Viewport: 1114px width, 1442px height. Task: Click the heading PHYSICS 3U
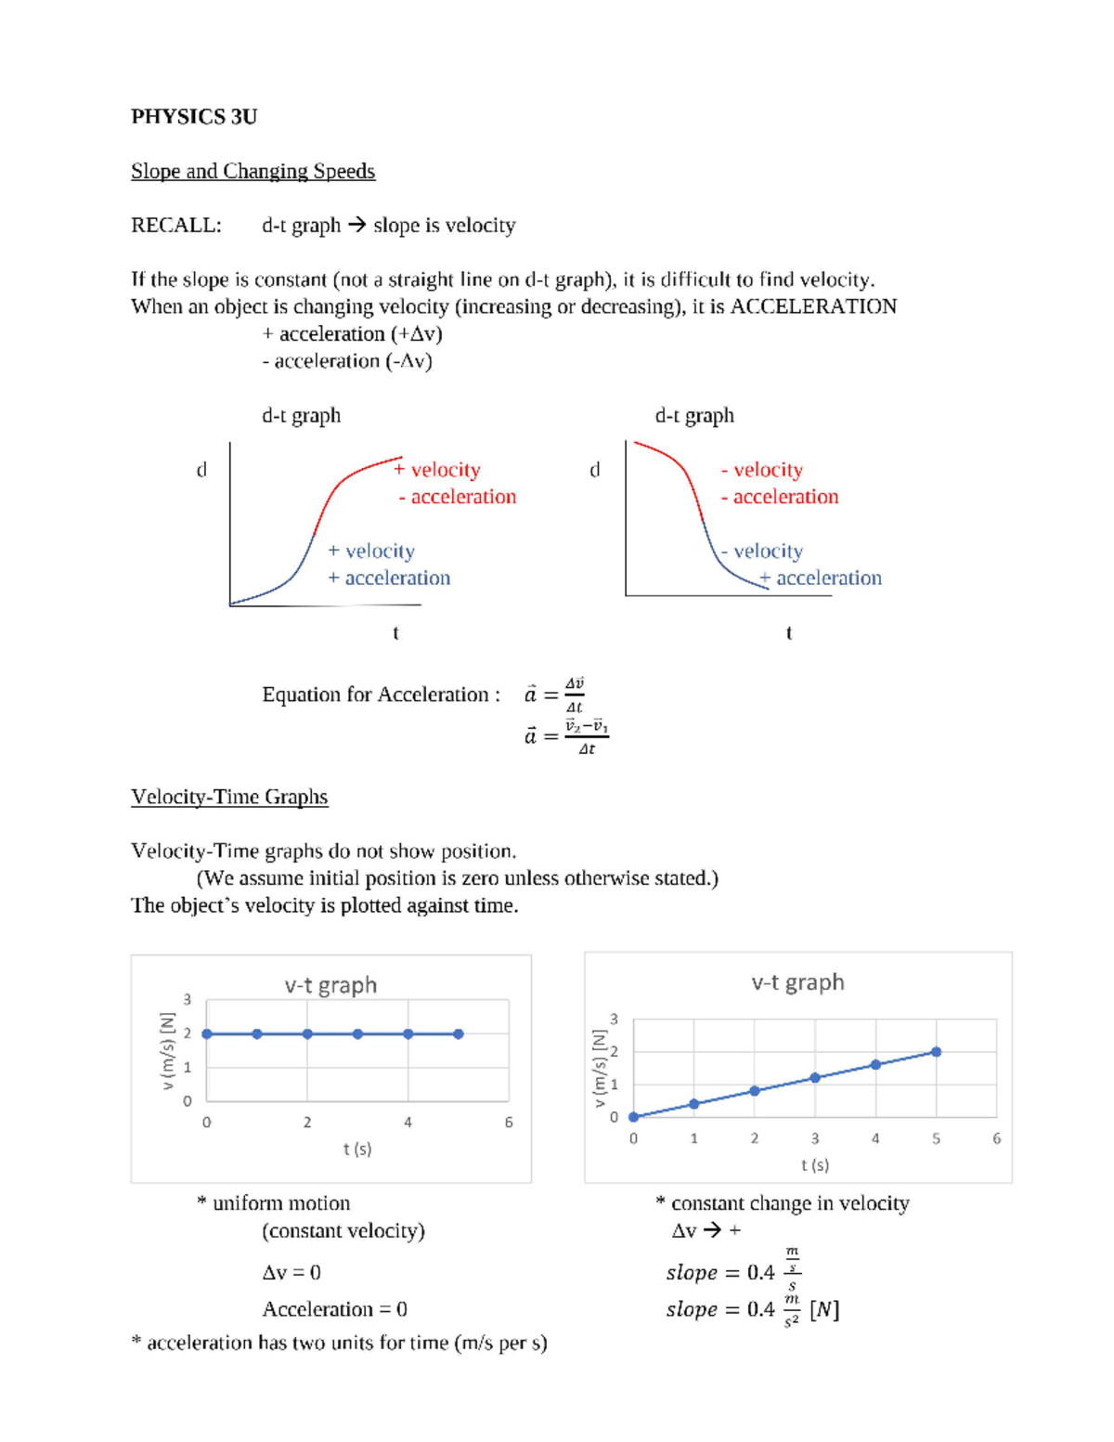pos(194,117)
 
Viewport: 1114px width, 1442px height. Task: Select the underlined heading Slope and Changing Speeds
pos(253,172)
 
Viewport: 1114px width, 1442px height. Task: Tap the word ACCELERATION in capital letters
pos(813,307)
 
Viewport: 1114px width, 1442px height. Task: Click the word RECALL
pos(175,226)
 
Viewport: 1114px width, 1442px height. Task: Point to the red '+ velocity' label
pos(437,470)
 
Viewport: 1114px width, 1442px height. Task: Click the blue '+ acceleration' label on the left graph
pos(389,578)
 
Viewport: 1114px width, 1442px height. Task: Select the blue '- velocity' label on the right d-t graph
pos(762,552)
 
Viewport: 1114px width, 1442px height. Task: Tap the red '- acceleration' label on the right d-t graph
pos(780,498)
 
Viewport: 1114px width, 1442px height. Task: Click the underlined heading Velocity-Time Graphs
pos(229,798)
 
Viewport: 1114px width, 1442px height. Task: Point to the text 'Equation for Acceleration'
pos(381,695)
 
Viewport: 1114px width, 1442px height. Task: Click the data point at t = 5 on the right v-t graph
pos(936,1052)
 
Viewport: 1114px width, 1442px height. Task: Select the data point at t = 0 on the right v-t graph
pos(634,1117)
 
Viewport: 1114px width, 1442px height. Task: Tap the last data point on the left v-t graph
pos(459,1033)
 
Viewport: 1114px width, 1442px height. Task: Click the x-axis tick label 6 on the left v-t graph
pos(509,1123)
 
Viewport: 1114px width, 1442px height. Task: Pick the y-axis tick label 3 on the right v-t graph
pos(614,1020)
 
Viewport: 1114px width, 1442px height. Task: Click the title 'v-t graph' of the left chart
pos(330,985)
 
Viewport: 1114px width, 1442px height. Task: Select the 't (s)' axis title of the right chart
pos(814,1165)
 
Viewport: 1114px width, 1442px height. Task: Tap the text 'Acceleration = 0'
pos(334,1309)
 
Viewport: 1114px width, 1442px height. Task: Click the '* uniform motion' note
pos(274,1203)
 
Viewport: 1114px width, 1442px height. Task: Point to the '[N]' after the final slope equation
pos(824,1309)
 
